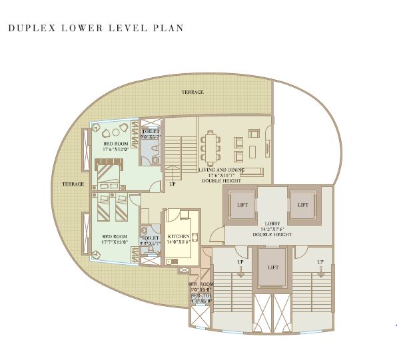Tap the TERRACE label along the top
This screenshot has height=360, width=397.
click(193, 92)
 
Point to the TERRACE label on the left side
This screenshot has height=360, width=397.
click(73, 184)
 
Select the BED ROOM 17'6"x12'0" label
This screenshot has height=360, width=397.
click(115, 146)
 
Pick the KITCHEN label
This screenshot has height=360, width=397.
click(179, 237)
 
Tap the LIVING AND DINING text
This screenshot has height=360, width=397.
click(221, 170)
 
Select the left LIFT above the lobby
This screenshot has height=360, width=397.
click(242, 205)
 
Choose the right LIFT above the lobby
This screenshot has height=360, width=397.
click(303, 205)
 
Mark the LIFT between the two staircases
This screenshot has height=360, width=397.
click(272, 266)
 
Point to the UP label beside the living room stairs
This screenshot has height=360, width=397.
click(173, 184)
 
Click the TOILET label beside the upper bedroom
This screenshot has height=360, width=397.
click(151, 132)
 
